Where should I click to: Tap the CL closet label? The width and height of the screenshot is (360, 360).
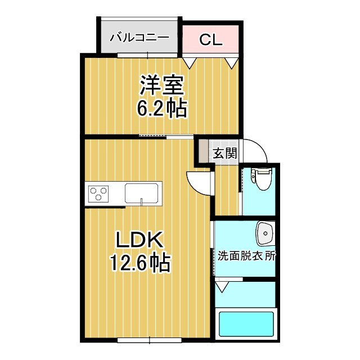pos(211,39)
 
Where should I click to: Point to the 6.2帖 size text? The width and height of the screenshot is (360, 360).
pos(162,108)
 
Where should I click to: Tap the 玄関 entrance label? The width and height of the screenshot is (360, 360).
pos(224,154)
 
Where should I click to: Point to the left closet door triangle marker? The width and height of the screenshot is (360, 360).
pos(190,61)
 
